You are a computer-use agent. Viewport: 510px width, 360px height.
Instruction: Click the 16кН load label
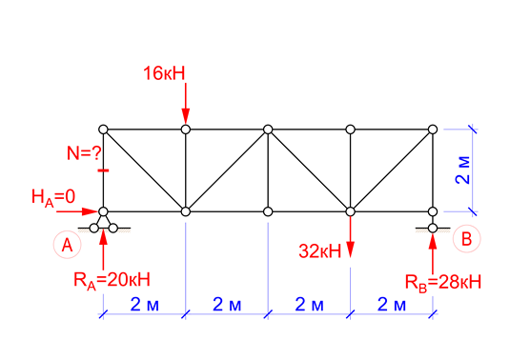[164, 73]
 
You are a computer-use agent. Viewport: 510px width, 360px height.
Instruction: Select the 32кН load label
[319, 251]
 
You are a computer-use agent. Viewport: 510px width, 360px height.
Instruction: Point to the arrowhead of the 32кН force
[350, 250]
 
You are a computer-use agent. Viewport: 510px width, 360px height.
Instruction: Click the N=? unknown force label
[84, 153]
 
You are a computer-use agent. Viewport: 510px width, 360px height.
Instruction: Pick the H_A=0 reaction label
[53, 197]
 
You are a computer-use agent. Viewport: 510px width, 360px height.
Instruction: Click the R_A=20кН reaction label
[112, 280]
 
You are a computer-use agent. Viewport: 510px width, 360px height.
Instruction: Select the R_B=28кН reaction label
[443, 282]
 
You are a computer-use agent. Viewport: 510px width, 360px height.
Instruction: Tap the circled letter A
[68, 245]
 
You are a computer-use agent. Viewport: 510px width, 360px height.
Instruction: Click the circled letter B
[467, 239]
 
